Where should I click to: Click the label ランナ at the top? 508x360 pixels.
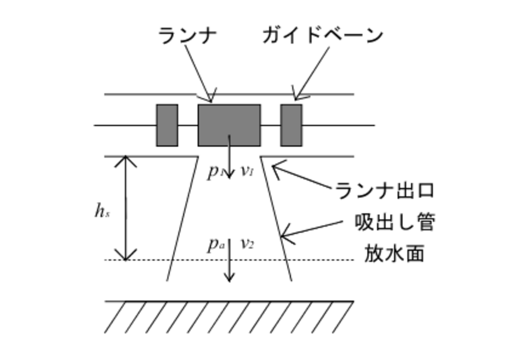[x=187, y=36]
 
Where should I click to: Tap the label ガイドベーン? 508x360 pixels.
[x=323, y=36]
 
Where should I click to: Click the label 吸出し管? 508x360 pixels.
[x=395, y=223]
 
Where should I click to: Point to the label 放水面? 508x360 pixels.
[x=394, y=254]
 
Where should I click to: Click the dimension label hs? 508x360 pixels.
[x=102, y=211]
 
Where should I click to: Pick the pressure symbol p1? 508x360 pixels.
[x=214, y=172]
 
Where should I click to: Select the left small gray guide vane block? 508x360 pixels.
[x=167, y=125]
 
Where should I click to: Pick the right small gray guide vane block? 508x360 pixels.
[x=291, y=125]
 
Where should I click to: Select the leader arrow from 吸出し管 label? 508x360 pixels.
[x=311, y=229]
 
